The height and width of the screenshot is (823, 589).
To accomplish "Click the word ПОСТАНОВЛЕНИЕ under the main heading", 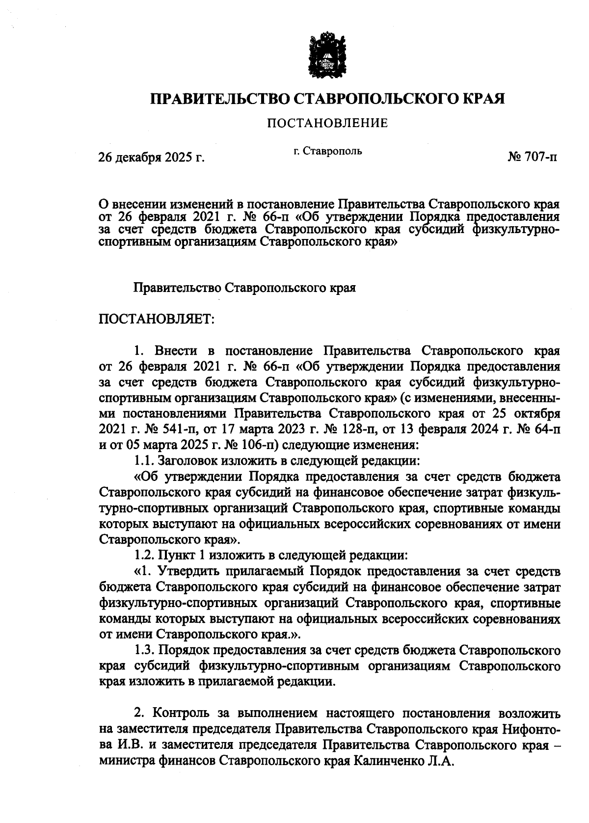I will [x=327, y=123].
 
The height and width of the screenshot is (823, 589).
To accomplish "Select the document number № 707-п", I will [x=533, y=158].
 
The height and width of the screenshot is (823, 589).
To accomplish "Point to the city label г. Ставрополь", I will [x=327, y=151].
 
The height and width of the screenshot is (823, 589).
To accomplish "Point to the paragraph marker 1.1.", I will [x=143, y=461].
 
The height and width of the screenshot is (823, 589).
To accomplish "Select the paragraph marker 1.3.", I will [x=143, y=650].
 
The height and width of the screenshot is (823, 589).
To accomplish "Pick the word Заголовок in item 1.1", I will [x=186, y=461].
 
